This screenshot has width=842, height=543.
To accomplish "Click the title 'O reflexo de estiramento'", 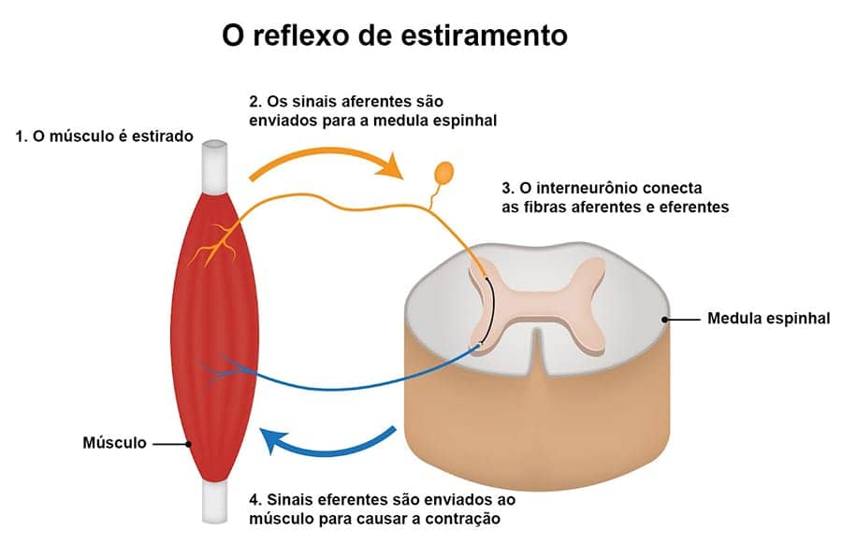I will (394, 36).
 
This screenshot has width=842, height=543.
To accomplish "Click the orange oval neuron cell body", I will (443, 173).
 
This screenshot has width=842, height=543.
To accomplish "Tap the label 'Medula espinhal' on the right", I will (768, 319).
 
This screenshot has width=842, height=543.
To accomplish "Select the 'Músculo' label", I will (115, 443).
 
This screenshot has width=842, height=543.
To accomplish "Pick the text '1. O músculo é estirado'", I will (104, 136).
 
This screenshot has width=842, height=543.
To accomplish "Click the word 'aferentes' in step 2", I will (366, 100).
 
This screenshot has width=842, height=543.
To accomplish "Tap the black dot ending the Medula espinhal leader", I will (665, 319).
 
